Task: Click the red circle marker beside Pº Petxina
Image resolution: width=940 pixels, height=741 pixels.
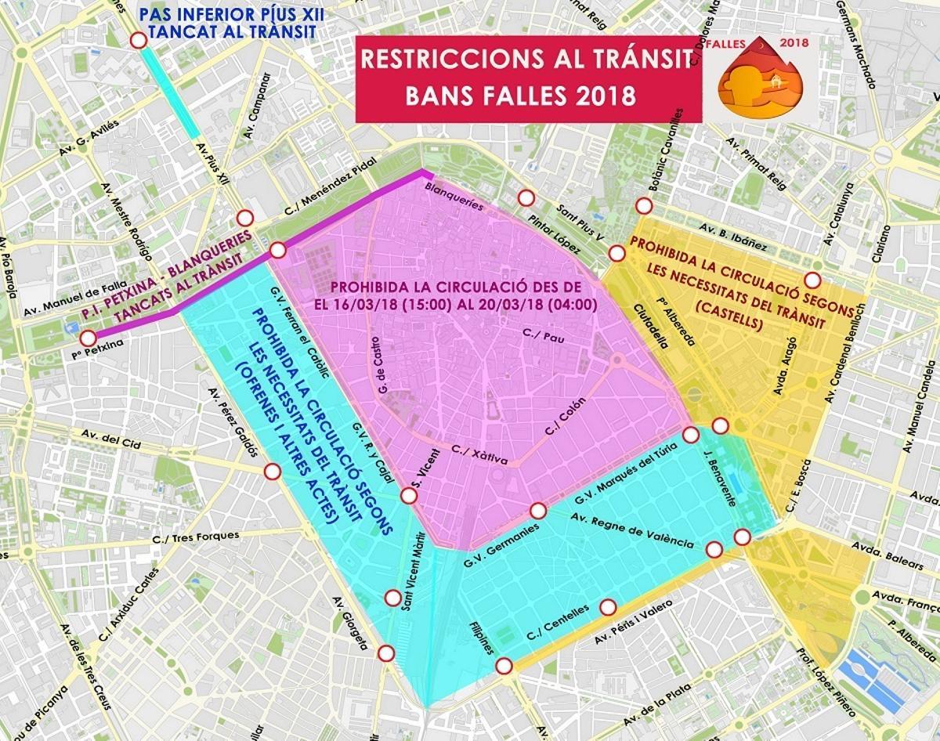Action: (x=88, y=338)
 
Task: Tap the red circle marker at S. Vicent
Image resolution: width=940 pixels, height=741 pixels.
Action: (x=408, y=496)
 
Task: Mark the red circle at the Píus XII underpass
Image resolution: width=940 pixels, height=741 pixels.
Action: (x=138, y=41)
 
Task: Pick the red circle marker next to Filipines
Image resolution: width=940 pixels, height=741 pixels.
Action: (x=504, y=666)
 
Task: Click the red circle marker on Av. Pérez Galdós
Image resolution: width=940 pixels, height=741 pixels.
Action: (x=272, y=472)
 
